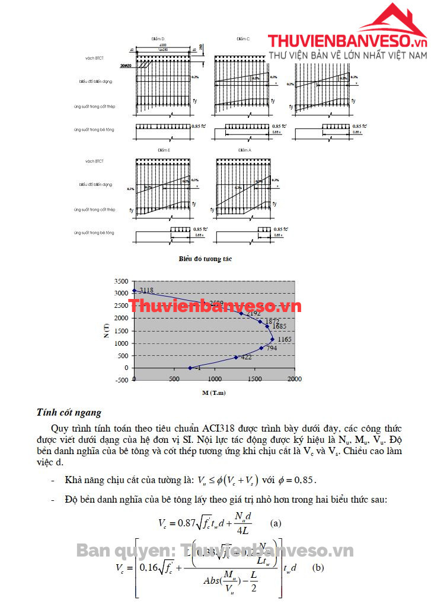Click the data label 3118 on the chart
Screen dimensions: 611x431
tap(146, 290)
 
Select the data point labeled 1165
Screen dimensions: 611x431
tap(272, 339)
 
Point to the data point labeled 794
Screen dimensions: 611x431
tap(261, 348)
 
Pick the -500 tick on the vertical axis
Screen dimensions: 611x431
tap(121, 380)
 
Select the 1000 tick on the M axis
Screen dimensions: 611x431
tap(215, 379)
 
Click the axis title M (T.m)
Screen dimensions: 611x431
tap(215, 393)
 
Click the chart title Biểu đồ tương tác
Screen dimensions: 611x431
tap(206, 259)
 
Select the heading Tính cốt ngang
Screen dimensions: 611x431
tap(69, 412)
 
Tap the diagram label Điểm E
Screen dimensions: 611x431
tap(164, 150)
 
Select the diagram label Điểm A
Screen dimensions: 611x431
tap(244, 150)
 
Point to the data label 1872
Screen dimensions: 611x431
tap(273, 321)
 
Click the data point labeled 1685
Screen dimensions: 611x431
tap(267, 326)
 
